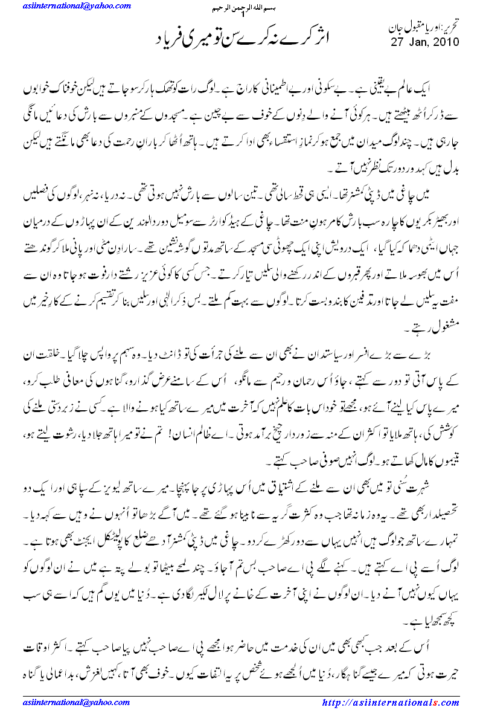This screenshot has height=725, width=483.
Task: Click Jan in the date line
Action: (416, 42)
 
